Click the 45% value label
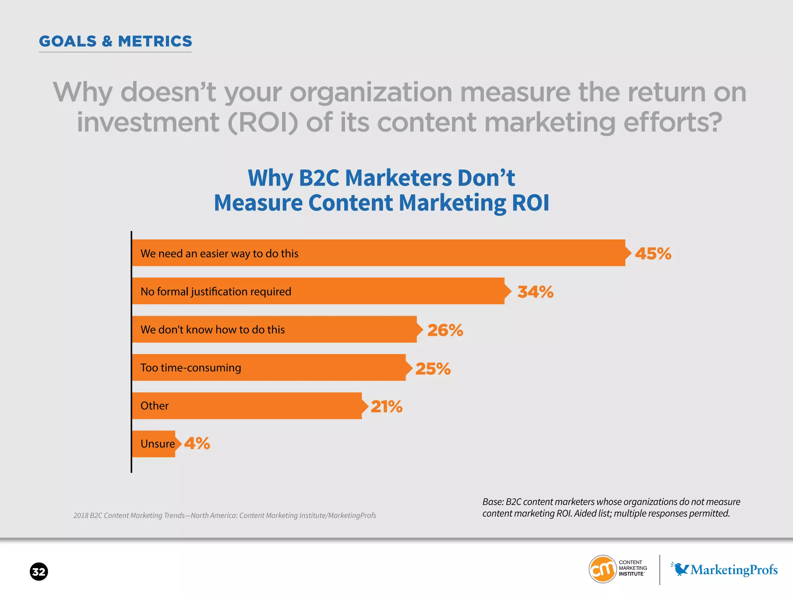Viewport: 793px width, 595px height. click(653, 254)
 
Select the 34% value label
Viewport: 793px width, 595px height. click(536, 292)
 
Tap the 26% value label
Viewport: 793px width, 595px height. click(445, 330)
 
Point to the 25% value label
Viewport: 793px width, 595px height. click(433, 368)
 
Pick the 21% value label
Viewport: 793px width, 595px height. click(386, 406)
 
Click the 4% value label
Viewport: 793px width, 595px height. click(197, 443)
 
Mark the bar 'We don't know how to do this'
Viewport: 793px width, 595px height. click(275, 329)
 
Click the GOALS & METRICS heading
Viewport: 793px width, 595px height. click(115, 41)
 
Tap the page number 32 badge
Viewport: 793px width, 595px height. click(39, 572)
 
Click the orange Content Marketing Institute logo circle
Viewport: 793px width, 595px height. click(602, 569)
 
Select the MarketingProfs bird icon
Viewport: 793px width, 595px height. click(680, 569)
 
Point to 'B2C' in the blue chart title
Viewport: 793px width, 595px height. click(318, 178)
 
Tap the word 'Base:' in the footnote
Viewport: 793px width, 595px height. click(493, 502)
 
